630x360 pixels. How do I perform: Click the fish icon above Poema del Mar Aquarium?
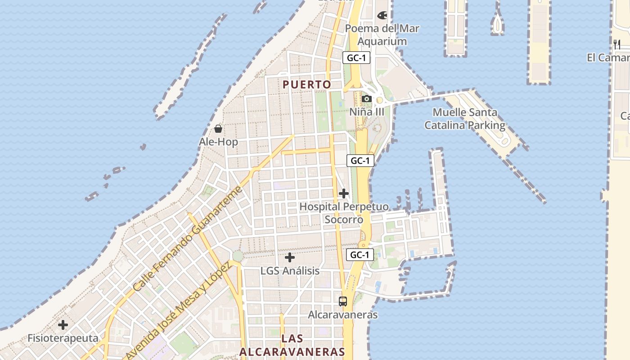[382, 15]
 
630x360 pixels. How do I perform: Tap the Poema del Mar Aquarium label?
[382, 35]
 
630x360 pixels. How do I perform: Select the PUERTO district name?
[307, 84]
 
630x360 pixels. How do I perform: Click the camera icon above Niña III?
[367, 99]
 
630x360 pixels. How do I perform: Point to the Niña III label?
[367, 111]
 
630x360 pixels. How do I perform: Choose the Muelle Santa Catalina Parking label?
[465, 119]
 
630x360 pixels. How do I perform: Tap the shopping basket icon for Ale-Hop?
[218, 129]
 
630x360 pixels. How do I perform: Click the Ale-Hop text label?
[218, 142]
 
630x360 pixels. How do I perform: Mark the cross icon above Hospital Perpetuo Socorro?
[344, 193]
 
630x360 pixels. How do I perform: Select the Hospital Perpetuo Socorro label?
[344, 213]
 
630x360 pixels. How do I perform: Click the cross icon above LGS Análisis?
[290, 257]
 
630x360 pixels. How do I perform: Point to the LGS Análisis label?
[290, 271]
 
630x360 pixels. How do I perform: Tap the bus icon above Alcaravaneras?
[343, 301]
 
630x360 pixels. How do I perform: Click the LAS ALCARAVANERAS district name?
[292, 345]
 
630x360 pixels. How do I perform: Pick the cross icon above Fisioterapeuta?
[63, 324]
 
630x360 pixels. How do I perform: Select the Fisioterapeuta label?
[63, 338]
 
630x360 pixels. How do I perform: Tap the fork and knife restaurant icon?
[617, 44]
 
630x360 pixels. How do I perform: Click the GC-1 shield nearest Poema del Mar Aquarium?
[356, 58]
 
